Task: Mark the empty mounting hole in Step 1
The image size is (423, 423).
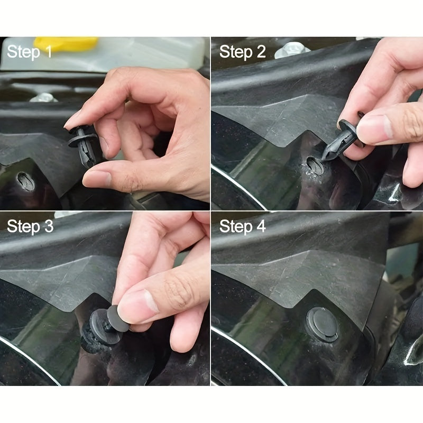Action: coord(25,181)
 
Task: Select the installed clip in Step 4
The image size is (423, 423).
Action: coord(323,324)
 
